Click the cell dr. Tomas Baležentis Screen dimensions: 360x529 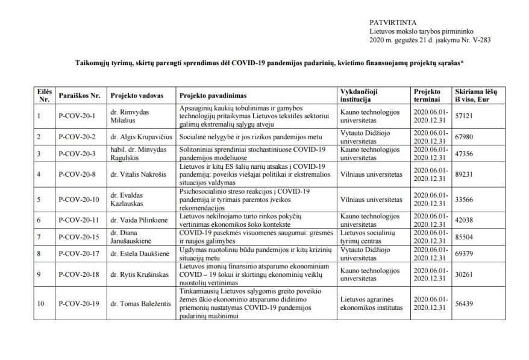pyautogui.click(x=139, y=305)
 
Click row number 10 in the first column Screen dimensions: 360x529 pyautogui.click(x=41, y=305)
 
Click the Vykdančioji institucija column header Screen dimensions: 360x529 pyautogui.click(x=363, y=96)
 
